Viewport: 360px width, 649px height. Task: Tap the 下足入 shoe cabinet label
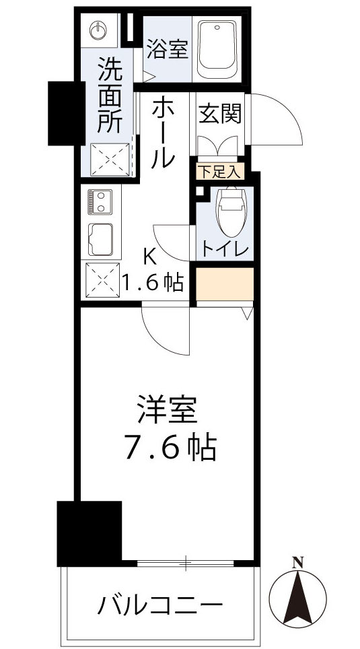pyautogui.click(x=219, y=171)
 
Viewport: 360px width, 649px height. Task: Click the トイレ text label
pyautogui.click(x=224, y=249)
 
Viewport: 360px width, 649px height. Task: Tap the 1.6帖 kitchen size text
pyautogui.click(x=153, y=283)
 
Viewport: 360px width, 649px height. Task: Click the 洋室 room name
pyautogui.click(x=168, y=410)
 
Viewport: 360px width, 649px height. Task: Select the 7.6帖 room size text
pyautogui.click(x=169, y=448)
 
